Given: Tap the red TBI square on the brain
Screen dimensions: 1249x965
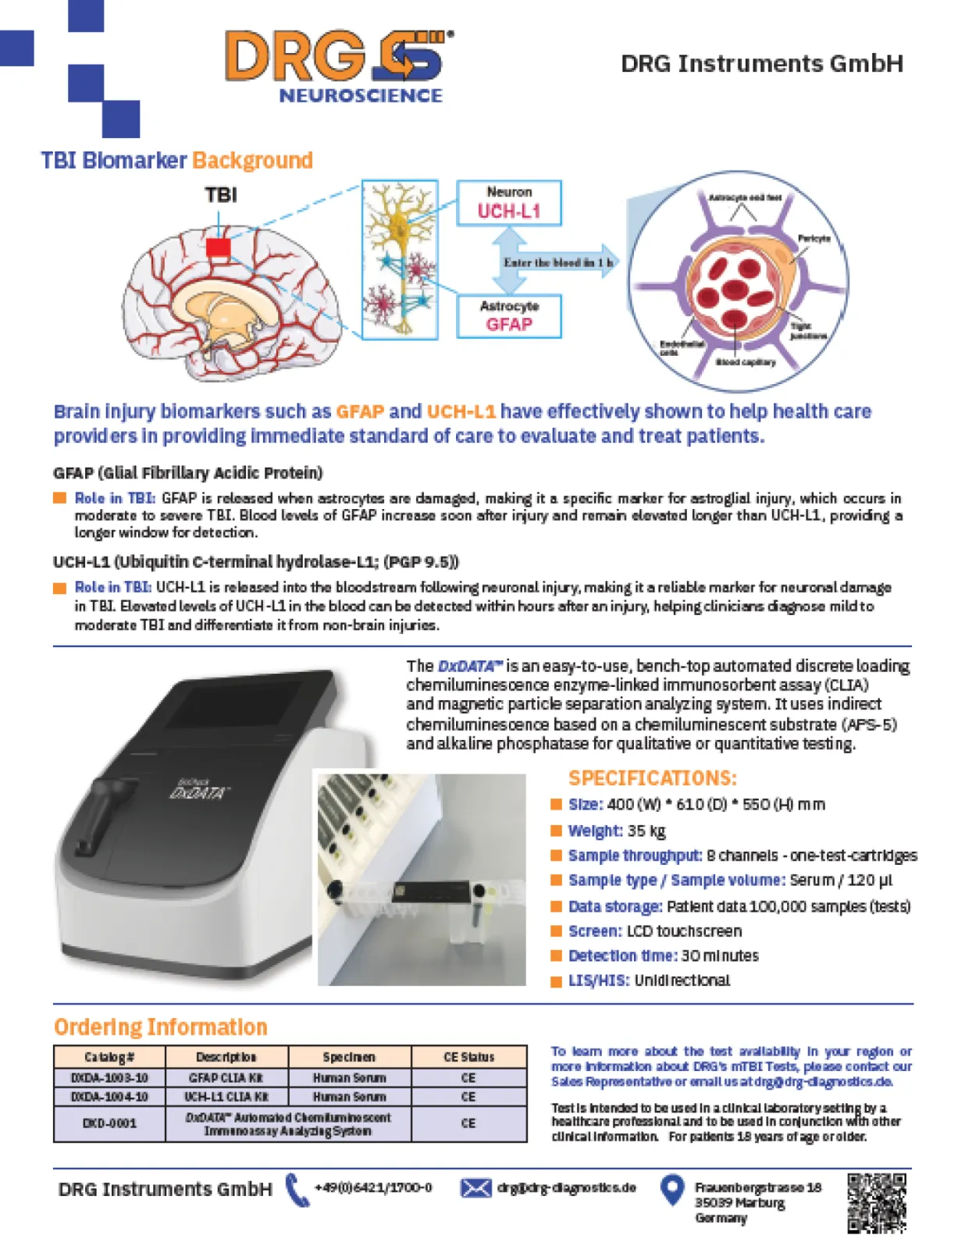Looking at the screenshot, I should click(218, 248).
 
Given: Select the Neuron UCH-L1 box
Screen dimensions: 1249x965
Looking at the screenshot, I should click(508, 203).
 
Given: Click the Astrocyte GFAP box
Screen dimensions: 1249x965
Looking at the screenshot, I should click(508, 316).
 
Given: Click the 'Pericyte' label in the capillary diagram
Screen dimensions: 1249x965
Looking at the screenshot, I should click(814, 238).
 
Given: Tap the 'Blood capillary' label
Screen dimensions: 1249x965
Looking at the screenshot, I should click(745, 362).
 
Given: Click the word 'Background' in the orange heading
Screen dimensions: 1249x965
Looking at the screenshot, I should click(252, 160).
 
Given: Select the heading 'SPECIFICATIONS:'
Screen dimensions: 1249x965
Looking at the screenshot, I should click(652, 778).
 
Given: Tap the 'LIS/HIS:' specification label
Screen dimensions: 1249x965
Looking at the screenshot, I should click(598, 980).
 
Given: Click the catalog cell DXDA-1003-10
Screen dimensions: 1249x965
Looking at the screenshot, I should click(109, 1077).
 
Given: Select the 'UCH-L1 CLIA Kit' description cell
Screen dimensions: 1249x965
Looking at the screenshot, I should click(226, 1097).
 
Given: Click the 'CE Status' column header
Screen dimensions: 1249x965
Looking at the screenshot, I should click(468, 1057).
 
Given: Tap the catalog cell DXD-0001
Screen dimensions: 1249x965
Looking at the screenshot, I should click(109, 1123).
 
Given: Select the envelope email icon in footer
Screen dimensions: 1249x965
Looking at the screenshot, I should click(475, 1188).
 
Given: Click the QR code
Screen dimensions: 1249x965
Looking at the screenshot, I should click(877, 1202).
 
